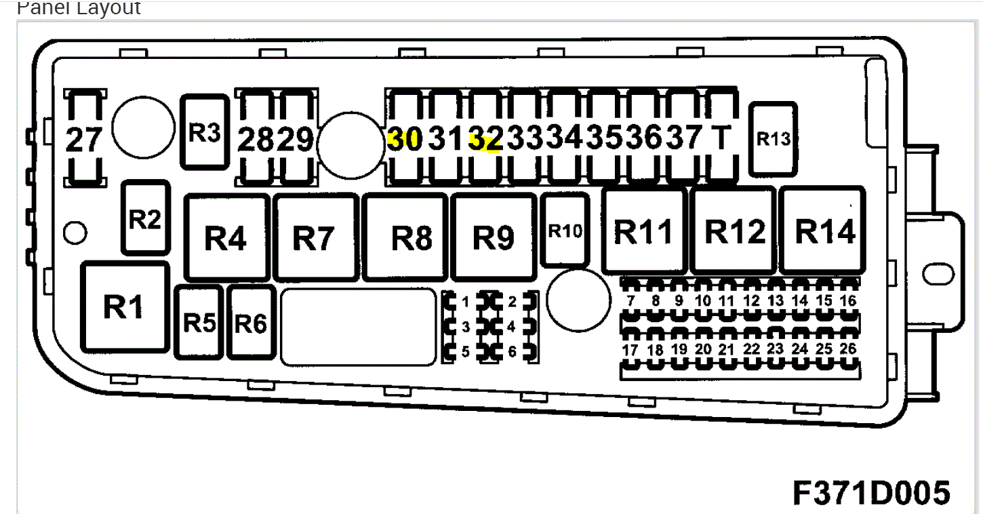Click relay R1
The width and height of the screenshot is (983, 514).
[x=125, y=307]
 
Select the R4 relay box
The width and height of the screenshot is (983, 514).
[x=226, y=237]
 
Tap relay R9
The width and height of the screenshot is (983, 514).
[x=493, y=237]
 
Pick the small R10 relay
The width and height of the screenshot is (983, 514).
[x=565, y=231]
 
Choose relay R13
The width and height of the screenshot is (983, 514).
[x=773, y=139]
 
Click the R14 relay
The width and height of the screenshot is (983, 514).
[x=824, y=232]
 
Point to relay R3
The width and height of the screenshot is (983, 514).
[x=204, y=132]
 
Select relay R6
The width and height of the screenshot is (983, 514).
[x=251, y=323]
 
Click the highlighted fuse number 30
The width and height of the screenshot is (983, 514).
[x=405, y=139]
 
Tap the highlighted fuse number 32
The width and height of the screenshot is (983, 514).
[x=486, y=140]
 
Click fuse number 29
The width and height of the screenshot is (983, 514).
[x=297, y=140]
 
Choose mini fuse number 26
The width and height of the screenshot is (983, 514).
[x=847, y=350]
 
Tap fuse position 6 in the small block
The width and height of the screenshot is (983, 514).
[x=512, y=352]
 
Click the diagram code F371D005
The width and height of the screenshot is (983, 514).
[x=871, y=492]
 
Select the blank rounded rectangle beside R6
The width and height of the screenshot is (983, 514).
[x=358, y=326]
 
